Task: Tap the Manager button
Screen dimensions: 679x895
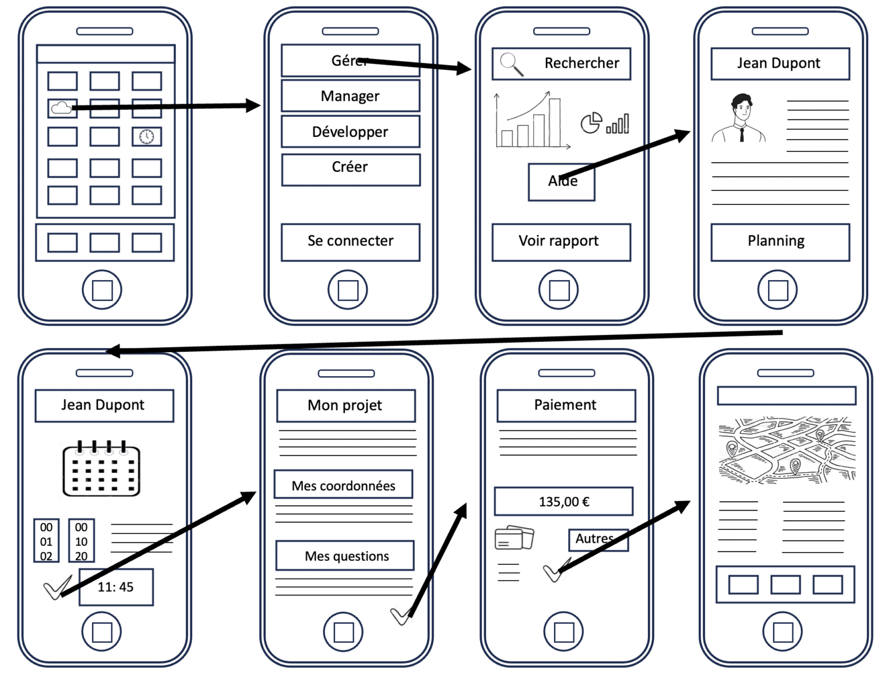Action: (x=350, y=96)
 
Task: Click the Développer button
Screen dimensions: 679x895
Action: (x=350, y=132)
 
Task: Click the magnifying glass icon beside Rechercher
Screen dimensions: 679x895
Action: (x=512, y=63)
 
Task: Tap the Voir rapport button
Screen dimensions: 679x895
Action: (x=561, y=242)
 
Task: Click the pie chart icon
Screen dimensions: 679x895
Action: (x=591, y=123)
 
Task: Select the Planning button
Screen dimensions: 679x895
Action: (x=780, y=242)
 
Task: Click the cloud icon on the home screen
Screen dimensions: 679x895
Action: (x=62, y=108)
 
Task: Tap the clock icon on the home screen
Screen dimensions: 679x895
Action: (x=147, y=137)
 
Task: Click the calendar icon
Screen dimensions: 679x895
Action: (x=101, y=469)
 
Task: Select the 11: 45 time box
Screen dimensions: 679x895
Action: (x=116, y=587)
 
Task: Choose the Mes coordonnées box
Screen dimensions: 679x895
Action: (x=343, y=485)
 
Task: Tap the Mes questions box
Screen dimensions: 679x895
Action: (x=345, y=556)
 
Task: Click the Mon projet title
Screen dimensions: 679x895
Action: (x=346, y=405)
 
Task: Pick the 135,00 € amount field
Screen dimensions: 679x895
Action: (x=563, y=501)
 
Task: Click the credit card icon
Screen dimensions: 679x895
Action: (x=514, y=537)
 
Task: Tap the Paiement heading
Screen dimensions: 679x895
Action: (x=566, y=405)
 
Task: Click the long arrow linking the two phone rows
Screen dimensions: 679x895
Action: (x=443, y=342)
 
